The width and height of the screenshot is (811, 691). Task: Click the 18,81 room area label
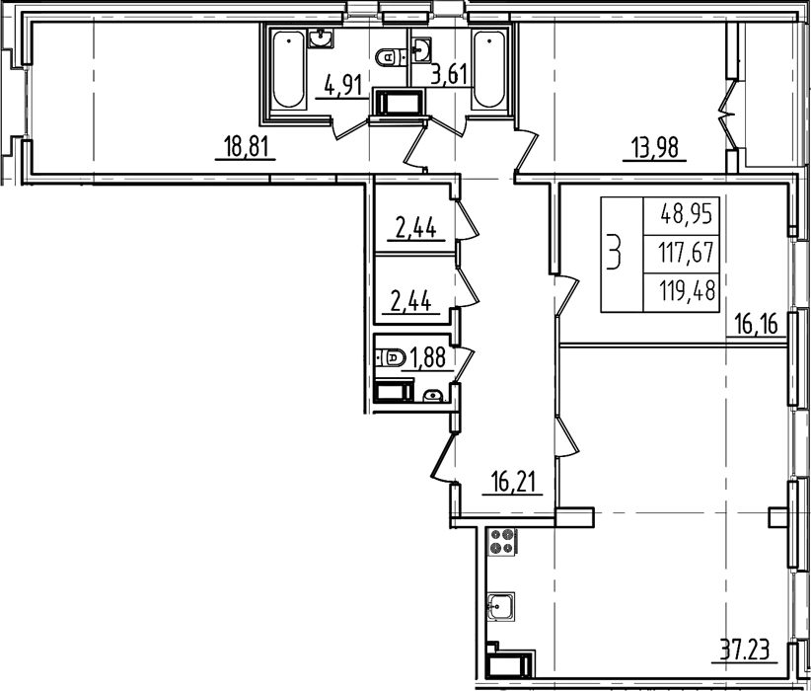coord(247,147)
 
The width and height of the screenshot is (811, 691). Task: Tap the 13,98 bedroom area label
coord(654,148)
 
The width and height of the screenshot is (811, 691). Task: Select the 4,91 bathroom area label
coord(342,85)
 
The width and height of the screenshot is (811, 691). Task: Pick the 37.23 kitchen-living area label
coord(745,649)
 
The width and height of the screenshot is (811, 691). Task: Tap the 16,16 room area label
coord(756,326)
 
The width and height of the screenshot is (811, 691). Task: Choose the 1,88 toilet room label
coord(428,357)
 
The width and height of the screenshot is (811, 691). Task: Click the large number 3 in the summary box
coord(615,252)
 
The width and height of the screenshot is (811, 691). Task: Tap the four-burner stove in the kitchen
coord(502,541)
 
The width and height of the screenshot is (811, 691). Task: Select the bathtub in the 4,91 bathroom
coord(289,70)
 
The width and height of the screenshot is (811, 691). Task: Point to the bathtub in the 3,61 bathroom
coord(488,70)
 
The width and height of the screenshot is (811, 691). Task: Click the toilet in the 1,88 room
coord(391,356)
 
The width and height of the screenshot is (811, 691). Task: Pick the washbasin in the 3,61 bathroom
coord(423,50)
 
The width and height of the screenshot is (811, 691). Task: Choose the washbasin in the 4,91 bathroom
coord(322,38)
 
